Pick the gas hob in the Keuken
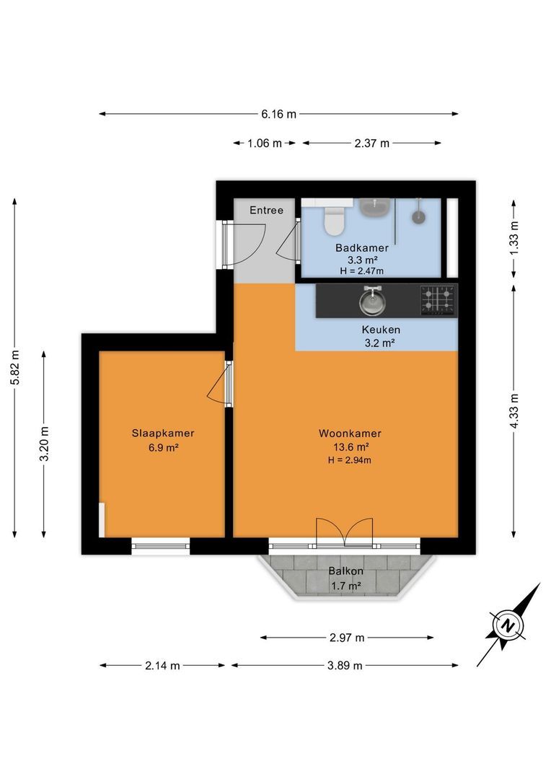click(438, 300)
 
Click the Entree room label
click(266, 210)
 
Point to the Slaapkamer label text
click(163, 433)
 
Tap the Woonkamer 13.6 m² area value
click(351, 446)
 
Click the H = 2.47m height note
click(362, 271)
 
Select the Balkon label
click(345, 571)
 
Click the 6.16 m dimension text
click(278, 114)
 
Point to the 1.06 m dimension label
click(264, 144)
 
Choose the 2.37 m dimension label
click(372, 144)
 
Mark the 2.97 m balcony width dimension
click(347, 638)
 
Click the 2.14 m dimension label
click(162, 666)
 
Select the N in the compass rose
click(507, 625)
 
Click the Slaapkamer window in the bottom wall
click(161, 546)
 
